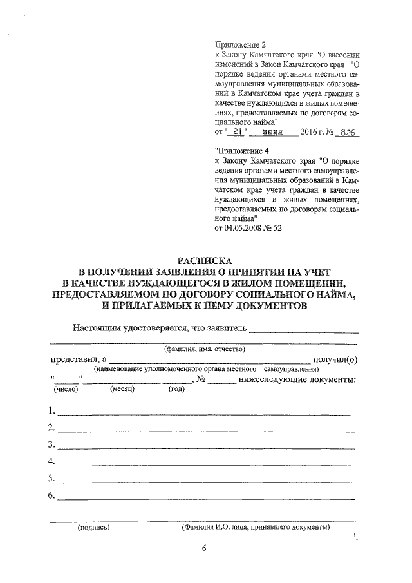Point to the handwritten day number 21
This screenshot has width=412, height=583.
tap(239, 132)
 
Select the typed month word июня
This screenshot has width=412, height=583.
tap(273, 133)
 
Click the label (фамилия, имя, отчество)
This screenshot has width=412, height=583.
tap(203, 349)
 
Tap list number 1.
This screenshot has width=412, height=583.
tap(51, 410)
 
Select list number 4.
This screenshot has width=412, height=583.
tap(51, 461)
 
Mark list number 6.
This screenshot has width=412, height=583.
tap(51, 495)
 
